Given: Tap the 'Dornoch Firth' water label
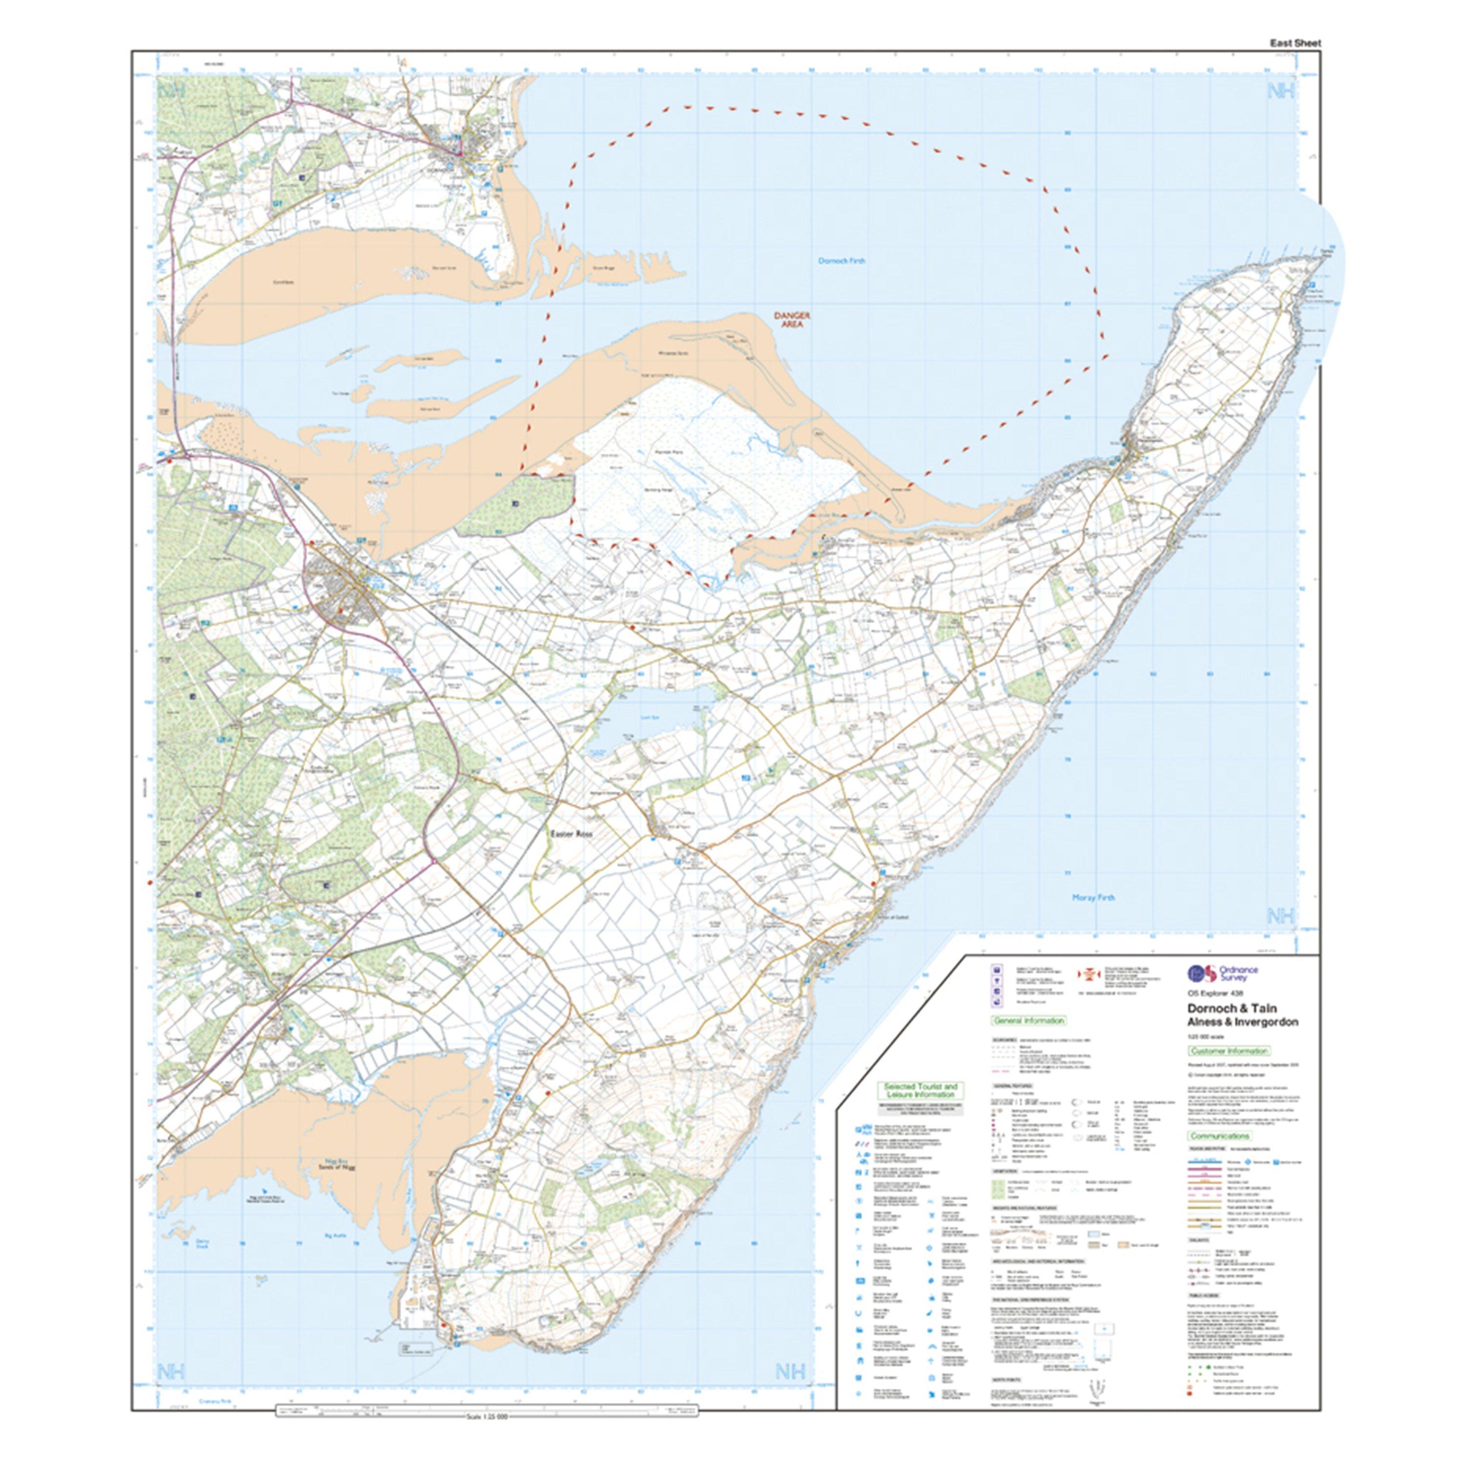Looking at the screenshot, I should click(842, 261).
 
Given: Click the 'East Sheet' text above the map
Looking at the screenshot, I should click(1295, 43).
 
